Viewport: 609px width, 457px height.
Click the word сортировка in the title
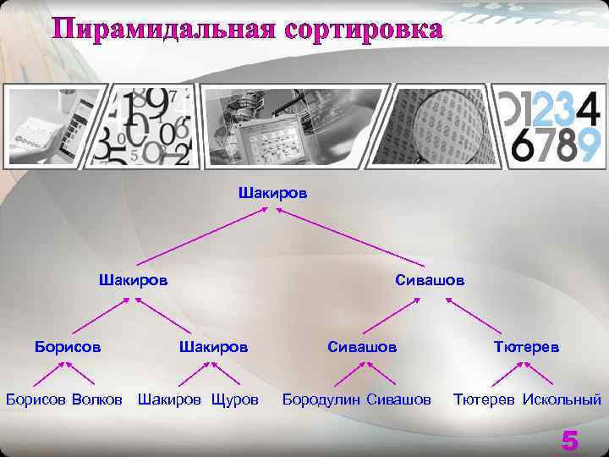(x=365, y=29)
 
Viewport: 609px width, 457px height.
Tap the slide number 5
(x=570, y=440)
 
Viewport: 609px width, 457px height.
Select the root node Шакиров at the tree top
(x=273, y=193)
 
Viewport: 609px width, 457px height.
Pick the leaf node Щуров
(x=235, y=398)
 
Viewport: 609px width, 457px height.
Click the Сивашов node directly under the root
(x=430, y=278)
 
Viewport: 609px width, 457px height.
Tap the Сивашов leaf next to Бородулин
(x=399, y=398)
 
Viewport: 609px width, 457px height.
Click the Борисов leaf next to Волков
(x=36, y=398)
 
